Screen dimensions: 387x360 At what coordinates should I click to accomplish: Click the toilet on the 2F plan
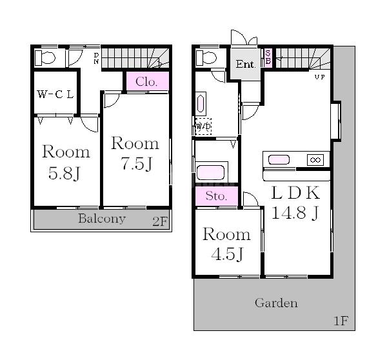pyautogui.click(x=45, y=58)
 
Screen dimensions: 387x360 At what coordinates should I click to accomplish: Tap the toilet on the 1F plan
pyautogui.click(x=206, y=58)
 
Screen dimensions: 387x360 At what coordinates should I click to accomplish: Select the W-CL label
pyautogui.click(x=55, y=94)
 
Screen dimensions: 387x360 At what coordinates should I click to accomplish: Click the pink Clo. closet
pyautogui.click(x=148, y=81)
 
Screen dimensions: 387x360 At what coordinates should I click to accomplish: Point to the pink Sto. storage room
pyautogui.click(x=217, y=196)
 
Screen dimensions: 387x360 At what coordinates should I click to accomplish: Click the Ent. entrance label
pyautogui.click(x=245, y=65)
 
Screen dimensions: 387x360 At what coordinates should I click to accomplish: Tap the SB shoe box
pyautogui.click(x=268, y=57)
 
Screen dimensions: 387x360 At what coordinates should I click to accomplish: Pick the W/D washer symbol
pyautogui.click(x=203, y=126)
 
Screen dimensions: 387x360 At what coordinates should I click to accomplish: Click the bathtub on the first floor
pyautogui.click(x=210, y=172)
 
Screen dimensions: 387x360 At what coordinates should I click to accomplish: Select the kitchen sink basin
pyautogui.click(x=279, y=159)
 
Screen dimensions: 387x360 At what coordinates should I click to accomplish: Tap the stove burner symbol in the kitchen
pyautogui.click(x=315, y=160)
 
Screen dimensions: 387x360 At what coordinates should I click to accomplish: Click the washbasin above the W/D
pyautogui.click(x=201, y=104)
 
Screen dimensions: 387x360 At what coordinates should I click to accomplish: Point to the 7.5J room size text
pyautogui.click(x=137, y=164)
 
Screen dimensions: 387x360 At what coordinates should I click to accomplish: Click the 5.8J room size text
pyautogui.click(x=64, y=173)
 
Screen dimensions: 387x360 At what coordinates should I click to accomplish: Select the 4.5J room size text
pyautogui.click(x=227, y=254)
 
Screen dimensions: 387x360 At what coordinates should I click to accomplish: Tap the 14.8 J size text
pyautogui.click(x=295, y=212)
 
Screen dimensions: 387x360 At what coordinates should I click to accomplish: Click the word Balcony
pyautogui.click(x=102, y=219)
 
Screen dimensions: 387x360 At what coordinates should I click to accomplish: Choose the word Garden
pyautogui.click(x=276, y=303)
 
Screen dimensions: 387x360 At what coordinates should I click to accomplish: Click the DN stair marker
pyautogui.click(x=96, y=59)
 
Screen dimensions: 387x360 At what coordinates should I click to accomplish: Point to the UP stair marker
pyautogui.click(x=320, y=77)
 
